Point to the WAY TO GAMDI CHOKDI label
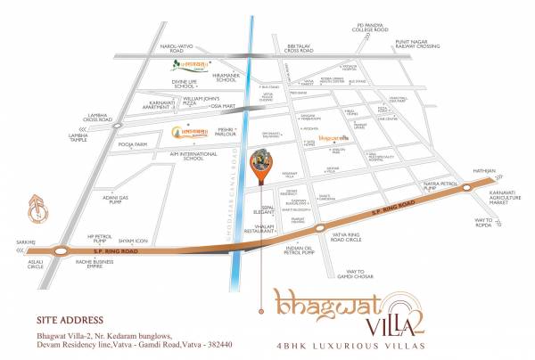click(365, 274)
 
